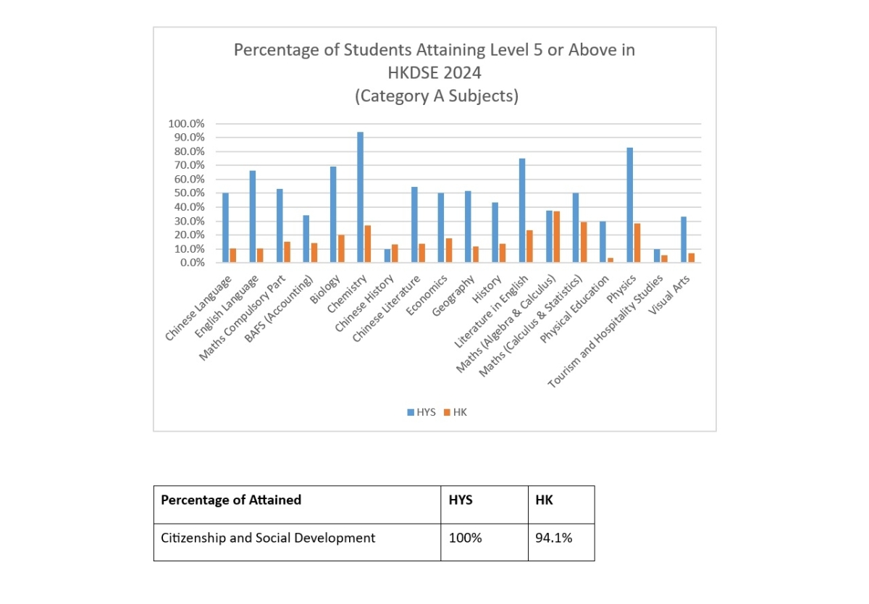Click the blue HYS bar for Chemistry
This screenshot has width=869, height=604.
click(x=360, y=198)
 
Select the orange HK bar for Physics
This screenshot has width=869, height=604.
click(x=637, y=243)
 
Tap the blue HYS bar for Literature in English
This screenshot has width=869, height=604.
click(x=522, y=211)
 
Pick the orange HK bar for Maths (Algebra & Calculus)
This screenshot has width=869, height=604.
click(x=556, y=237)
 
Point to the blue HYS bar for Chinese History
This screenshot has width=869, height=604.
click(x=387, y=256)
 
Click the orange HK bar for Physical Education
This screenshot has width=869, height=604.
click(x=610, y=260)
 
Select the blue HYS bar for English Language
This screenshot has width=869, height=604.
click(x=253, y=217)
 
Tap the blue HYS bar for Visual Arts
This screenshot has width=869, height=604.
click(x=684, y=240)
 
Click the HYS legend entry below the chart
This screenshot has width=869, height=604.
click(x=421, y=412)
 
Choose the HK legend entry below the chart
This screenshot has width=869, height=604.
click(x=456, y=412)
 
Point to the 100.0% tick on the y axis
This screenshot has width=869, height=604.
click(x=186, y=124)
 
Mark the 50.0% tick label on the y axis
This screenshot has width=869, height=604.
click(x=189, y=193)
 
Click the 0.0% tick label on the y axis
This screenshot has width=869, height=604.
click(x=192, y=263)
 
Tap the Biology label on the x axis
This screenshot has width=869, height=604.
click(x=325, y=290)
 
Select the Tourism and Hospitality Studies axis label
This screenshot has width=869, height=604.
click(x=605, y=332)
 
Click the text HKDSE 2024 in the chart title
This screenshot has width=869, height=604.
click(x=434, y=73)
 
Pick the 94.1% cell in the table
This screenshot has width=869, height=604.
click(x=553, y=538)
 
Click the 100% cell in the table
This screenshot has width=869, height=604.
click(x=465, y=538)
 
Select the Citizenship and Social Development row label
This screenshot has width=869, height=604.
click(x=268, y=538)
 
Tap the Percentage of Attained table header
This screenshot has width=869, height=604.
click(x=231, y=500)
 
